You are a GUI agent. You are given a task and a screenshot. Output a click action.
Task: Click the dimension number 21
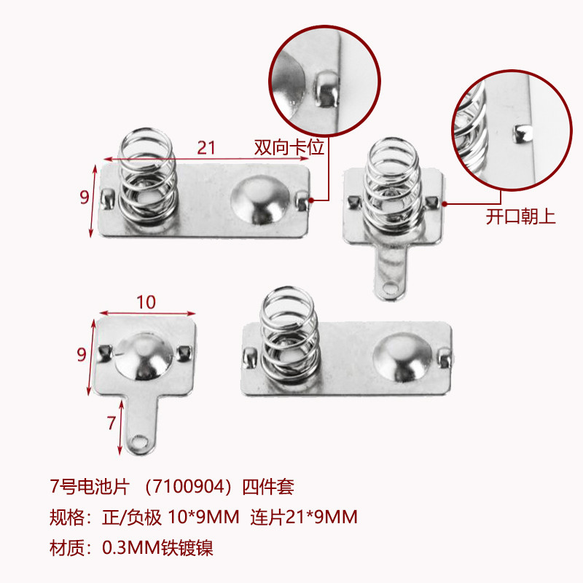point(206,148)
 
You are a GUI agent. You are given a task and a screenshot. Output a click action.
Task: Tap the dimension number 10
point(146,302)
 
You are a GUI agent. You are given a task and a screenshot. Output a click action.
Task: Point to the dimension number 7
point(111,423)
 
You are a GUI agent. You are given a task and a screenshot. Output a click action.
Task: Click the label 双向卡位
point(289,147)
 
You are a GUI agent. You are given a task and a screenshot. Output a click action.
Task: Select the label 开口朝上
point(520,216)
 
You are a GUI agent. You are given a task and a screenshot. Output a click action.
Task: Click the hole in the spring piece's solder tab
point(391,288)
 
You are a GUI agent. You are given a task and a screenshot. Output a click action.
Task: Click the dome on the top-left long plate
point(259,200)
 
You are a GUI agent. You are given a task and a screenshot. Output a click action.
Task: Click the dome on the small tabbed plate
point(144,356)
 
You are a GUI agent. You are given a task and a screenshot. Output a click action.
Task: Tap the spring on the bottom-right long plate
point(289,334)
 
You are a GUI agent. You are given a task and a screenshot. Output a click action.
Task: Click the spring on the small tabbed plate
point(392,187)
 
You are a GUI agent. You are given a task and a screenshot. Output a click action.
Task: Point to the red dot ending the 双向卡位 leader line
point(311,200)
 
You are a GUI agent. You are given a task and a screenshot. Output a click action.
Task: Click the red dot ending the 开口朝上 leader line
point(445,204)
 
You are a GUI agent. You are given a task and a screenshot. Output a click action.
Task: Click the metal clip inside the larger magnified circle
point(326,89)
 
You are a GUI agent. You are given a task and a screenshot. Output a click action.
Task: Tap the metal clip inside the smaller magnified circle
point(523,133)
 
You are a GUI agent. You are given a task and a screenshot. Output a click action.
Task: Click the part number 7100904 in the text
point(189,487)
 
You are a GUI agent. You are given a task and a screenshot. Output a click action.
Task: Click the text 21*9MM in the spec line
point(321,517)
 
